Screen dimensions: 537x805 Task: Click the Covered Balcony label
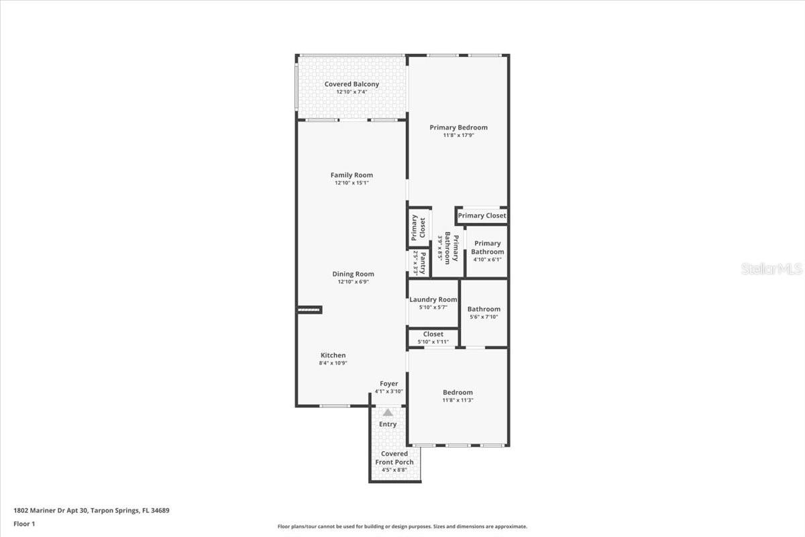(352, 85)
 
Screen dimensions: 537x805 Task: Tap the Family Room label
(352, 175)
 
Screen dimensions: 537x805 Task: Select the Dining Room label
(353, 274)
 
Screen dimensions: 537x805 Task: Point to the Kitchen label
(333, 355)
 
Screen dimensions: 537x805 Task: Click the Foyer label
(389, 384)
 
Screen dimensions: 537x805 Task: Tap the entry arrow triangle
(388, 412)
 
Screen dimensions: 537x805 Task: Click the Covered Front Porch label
(394, 458)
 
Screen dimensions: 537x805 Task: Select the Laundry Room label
(433, 299)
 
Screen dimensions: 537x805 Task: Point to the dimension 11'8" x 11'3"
(458, 400)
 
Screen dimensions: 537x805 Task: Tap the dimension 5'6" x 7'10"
(484, 317)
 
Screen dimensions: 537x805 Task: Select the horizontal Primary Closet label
(482, 215)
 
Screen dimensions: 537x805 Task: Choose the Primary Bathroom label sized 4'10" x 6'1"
(487, 248)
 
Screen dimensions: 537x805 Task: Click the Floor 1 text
(24, 524)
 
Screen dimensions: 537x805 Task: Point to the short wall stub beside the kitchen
(311, 309)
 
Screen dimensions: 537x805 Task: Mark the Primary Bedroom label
(459, 128)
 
